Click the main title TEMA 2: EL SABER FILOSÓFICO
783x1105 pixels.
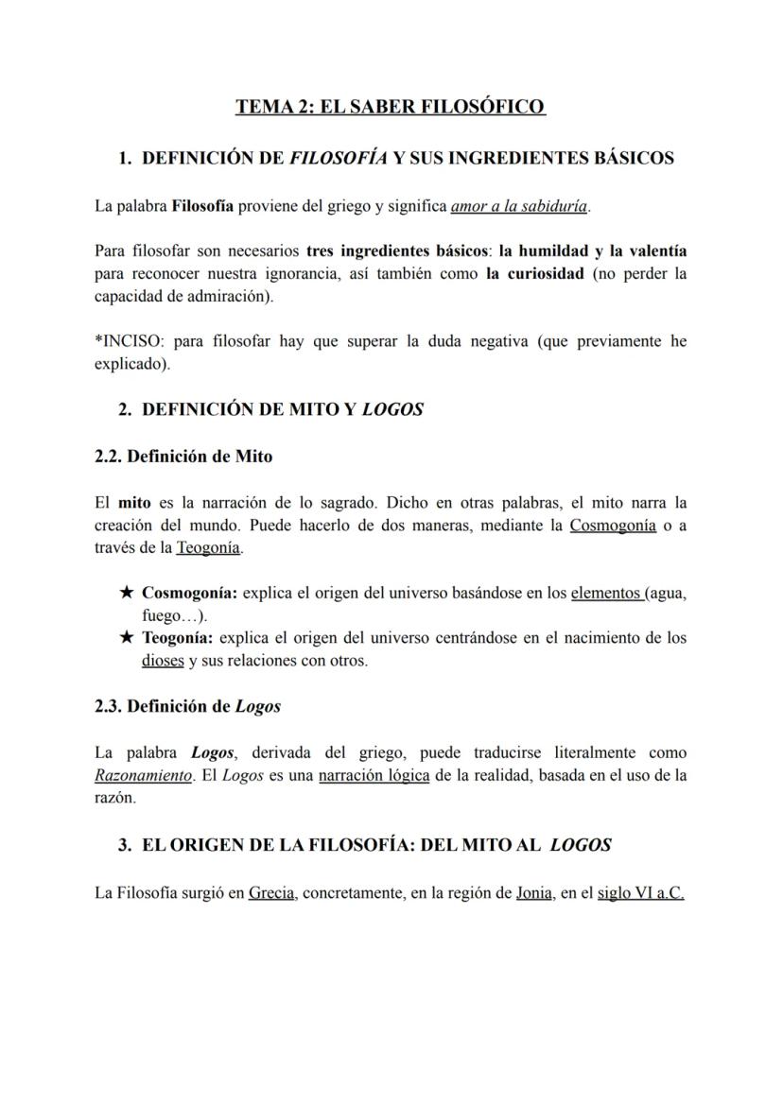click(391, 107)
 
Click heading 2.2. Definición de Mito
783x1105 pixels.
click(183, 457)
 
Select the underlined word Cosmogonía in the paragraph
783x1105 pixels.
click(612, 525)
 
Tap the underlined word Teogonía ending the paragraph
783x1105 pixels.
click(208, 547)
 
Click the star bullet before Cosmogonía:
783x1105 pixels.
click(127, 593)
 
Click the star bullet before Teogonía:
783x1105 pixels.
click(127, 638)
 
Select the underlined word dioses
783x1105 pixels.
click(163, 661)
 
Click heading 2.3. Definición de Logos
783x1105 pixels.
click(187, 706)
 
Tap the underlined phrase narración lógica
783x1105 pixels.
click(367, 775)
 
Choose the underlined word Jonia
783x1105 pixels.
click(533, 892)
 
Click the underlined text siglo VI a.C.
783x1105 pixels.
click(640, 892)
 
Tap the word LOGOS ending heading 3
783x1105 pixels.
click(580, 845)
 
